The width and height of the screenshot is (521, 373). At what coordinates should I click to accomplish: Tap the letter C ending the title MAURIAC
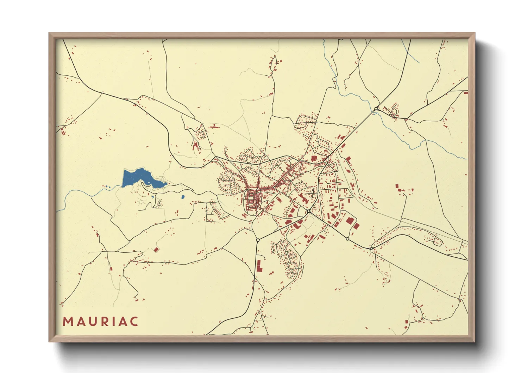click(x=133, y=322)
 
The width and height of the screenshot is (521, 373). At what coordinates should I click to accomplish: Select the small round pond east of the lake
click(x=183, y=197)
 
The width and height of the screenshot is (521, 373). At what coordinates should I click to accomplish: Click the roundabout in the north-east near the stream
click(x=376, y=108)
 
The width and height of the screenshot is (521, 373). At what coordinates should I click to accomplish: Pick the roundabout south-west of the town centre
click(x=258, y=240)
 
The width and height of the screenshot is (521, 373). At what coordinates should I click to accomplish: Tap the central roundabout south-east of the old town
click(x=309, y=211)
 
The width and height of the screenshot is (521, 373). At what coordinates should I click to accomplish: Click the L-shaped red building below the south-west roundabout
click(x=259, y=266)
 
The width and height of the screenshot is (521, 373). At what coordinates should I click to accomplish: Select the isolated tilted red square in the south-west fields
click(x=156, y=250)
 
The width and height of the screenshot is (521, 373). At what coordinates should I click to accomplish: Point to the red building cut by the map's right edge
click(x=466, y=93)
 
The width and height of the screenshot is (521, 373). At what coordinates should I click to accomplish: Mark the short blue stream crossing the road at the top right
click(x=412, y=53)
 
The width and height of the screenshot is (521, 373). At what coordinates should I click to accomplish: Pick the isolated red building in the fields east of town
click(x=397, y=186)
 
